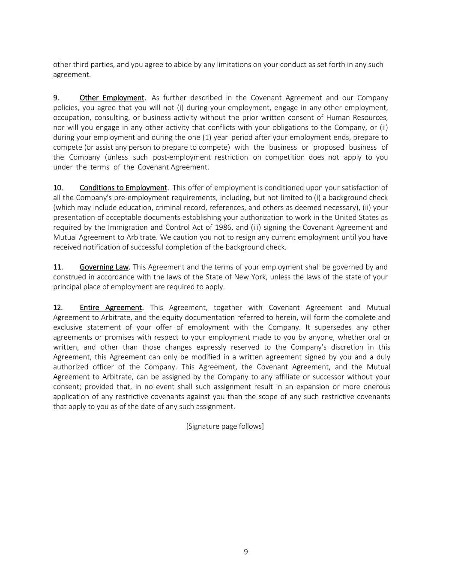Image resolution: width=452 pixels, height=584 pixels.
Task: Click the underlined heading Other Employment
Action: [112, 98]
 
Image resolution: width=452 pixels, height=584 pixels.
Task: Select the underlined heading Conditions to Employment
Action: [123, 187]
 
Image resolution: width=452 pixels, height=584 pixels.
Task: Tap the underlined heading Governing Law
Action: [104, 267]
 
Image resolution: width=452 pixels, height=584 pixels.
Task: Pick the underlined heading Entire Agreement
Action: [111, 308]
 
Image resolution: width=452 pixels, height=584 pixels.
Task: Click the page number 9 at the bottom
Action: [245, 551]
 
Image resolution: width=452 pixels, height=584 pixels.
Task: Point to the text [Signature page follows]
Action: [225, 426]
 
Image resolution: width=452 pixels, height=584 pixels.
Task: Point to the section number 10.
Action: [58, 187]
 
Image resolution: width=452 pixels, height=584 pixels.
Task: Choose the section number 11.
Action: [58, 267]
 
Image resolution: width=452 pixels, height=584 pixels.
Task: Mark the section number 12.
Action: [58, 308]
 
